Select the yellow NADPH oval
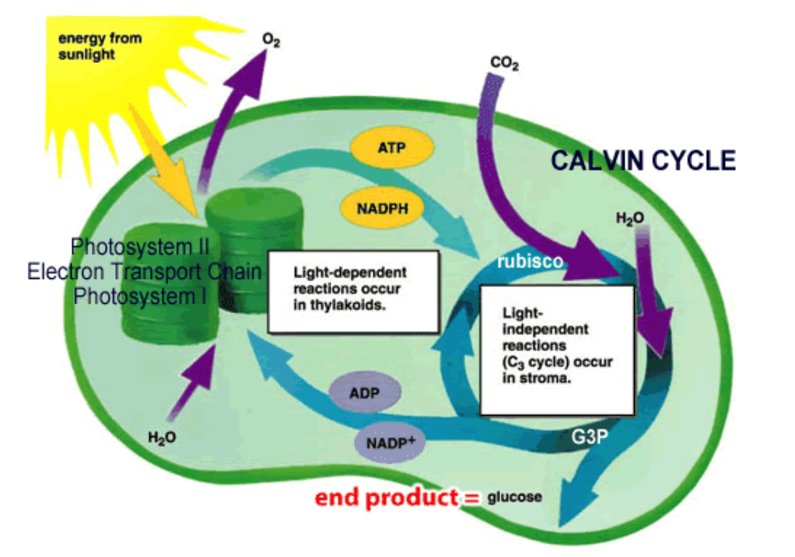[x=383, y=207]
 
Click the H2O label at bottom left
[x=162, y=437]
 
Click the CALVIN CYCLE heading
[x=643, y=160]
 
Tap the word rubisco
[x=530, y=262]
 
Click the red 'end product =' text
[x=397, y=497]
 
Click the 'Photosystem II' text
[x=140, y=248]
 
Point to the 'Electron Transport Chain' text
[x=144, y=272]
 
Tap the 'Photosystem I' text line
[x=140, y=296]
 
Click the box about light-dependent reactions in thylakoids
[x=353, y=291]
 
